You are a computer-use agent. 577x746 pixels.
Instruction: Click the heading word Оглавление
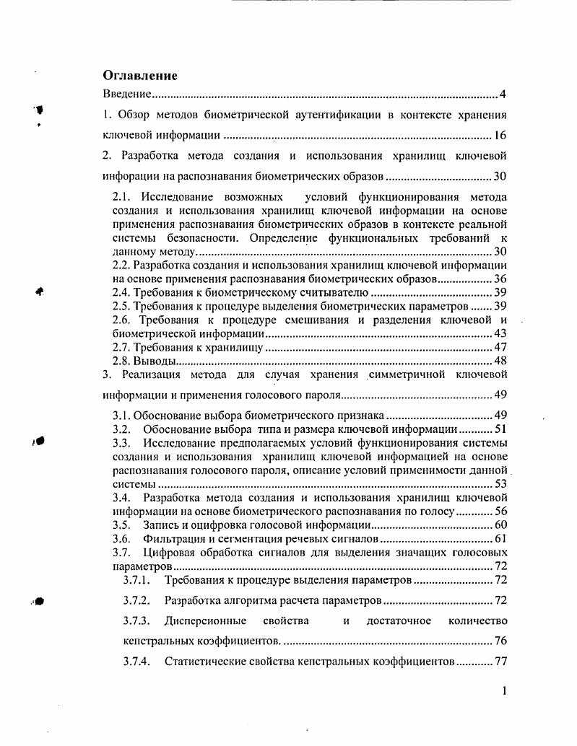139,75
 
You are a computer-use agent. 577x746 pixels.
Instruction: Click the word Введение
126,95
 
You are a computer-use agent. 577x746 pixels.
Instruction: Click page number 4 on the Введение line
503,95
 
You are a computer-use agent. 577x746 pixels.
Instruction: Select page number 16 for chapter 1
500,135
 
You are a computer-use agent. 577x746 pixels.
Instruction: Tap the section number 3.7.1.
136,580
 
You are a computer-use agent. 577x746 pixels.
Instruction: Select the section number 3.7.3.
136,621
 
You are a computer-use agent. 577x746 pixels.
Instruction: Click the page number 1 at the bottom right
504,691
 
